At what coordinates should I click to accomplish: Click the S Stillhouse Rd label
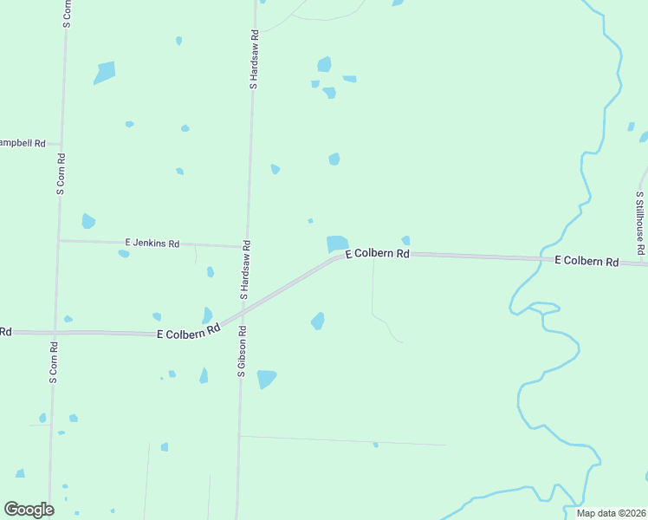(639, 224)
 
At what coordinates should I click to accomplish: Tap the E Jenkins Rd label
(152, 244)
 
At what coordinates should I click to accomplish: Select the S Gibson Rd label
(242, 351)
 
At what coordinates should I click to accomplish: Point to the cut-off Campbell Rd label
(23, 143)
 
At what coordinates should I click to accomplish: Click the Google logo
(29, 510)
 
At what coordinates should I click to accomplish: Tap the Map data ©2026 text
(611, 513)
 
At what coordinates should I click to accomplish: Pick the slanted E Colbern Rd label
(189, 332)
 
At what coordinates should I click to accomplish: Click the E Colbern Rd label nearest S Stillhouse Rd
(586, 261)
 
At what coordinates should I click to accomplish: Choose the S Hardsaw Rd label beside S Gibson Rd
(245, 270)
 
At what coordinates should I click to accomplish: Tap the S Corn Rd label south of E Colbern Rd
(53, 362)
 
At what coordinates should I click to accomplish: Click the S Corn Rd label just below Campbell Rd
(61, 174)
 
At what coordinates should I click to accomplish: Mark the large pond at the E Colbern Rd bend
(337, 244)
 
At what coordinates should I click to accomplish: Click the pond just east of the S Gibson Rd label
(266, 379)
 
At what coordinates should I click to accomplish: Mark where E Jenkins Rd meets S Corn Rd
(58, 240)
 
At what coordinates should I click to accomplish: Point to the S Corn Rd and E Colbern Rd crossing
(54, 332)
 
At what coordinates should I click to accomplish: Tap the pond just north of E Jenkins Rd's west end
(88, 221)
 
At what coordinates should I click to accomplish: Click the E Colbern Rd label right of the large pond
(377, 254)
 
